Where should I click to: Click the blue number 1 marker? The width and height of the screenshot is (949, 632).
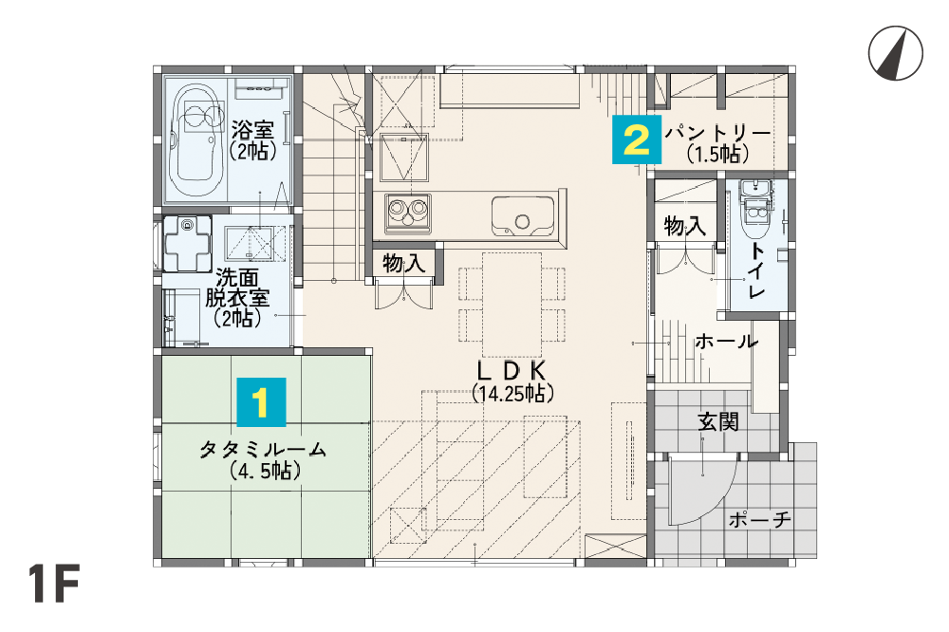[262, 402]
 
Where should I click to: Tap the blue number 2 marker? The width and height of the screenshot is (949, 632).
[637, 139]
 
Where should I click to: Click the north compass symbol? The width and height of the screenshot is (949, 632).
[896, 53]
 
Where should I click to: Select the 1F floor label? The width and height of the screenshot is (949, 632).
[53, 585]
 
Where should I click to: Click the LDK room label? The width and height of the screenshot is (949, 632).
[512, 370]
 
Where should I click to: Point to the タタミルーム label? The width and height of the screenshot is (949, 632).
[263, 450]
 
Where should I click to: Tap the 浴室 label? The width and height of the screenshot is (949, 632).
[252, 129]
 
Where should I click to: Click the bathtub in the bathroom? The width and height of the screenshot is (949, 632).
[197, 139]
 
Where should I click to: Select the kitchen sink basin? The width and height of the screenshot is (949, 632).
[523, 216]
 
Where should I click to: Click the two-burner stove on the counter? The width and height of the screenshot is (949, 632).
[408, 214]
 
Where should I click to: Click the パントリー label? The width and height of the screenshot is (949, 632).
[717, 133]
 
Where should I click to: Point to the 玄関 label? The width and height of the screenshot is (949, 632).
[718, 422]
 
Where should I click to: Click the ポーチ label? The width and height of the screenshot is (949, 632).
[759, 519]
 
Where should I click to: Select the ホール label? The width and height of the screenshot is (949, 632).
[726, 342]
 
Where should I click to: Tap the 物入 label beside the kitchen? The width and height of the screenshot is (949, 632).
[403, 264]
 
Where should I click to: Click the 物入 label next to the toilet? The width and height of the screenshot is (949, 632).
[685, 226]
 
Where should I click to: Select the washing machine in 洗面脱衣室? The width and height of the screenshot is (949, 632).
[187, 244]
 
